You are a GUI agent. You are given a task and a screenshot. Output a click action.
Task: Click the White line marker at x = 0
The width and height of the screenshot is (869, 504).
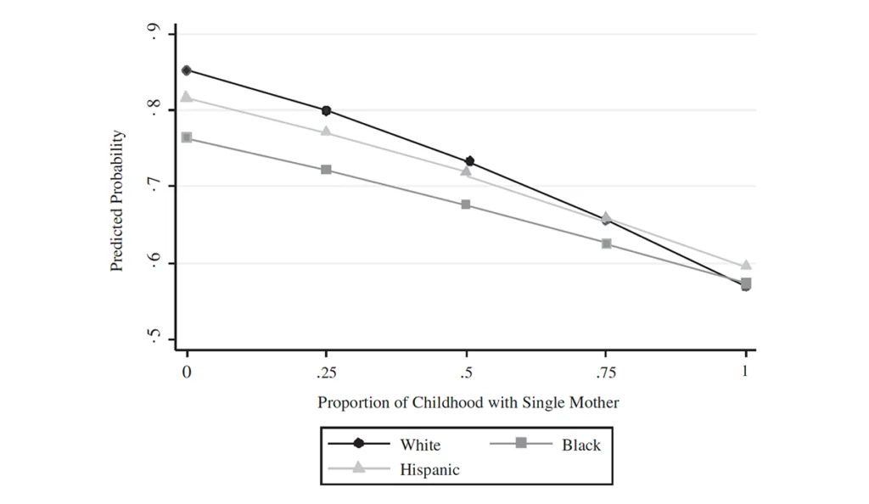point(187,70)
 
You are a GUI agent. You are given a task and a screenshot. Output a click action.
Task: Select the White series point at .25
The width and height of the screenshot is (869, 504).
point(327,110)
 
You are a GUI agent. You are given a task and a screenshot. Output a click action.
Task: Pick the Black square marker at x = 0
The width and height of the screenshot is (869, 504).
point(187,137)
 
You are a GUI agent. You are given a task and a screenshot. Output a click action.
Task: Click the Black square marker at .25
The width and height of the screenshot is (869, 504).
point(327,170)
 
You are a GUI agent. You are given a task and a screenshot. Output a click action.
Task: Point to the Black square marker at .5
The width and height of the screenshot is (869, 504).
point(466,204)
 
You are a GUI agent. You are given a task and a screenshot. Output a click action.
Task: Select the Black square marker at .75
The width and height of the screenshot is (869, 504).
point(607,244)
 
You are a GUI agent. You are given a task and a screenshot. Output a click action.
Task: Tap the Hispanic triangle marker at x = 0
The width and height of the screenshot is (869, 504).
point(187,98)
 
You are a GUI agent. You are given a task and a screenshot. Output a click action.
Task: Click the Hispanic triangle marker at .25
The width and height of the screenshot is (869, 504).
point(327,132)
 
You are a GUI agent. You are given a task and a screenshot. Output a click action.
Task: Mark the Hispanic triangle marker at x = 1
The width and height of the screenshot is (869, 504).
point(746,266)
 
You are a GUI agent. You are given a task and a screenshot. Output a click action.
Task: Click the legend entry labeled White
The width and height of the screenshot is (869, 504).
point(420,445)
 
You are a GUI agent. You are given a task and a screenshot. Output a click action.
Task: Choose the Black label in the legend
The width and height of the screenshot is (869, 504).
point(580,445)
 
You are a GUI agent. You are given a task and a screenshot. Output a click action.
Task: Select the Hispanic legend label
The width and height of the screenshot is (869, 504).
point(429,469)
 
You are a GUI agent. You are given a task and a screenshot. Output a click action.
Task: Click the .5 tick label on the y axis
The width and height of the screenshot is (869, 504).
point(154,339)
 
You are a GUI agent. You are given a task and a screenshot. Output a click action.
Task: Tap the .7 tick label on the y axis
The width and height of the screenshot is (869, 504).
point(154,186)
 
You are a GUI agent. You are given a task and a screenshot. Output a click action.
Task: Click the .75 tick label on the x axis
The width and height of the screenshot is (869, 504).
point(606,372)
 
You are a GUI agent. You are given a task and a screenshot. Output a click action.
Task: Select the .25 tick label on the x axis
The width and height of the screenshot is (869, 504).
point(326,372)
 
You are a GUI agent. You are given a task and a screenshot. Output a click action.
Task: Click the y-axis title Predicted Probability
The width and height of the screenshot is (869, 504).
point(117,201)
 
